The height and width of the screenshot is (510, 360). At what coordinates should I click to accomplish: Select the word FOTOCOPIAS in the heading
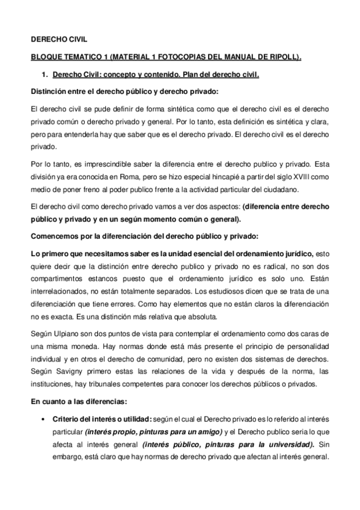169,57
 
